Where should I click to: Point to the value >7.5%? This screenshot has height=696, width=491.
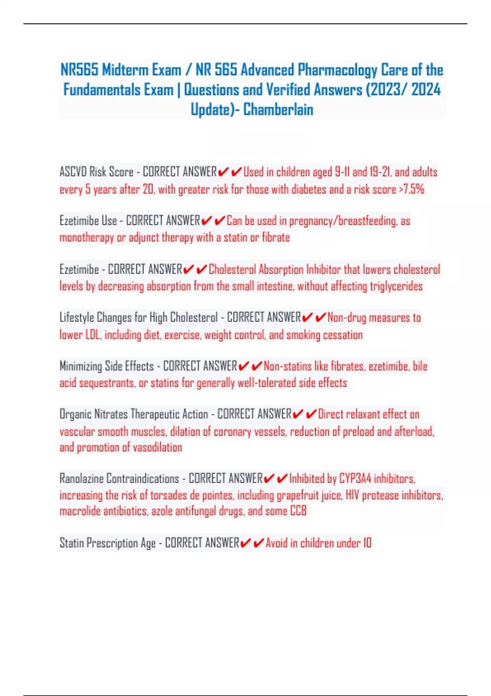[x=411, y=189]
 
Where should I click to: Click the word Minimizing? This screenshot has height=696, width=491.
[x=81, y=366]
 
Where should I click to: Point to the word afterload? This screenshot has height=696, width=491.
[x=414, y=432]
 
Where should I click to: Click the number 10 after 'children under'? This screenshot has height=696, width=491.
[x=367, y=543]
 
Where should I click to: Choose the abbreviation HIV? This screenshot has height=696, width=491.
[x=352, y=495]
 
